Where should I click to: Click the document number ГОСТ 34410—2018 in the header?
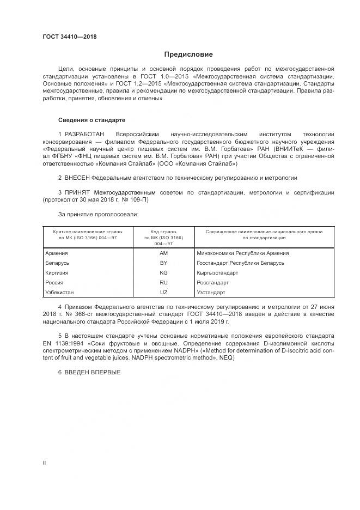click(x=69, y=38)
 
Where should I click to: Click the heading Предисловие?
click(x=188, y=54)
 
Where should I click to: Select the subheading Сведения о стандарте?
click(x=91, y=119)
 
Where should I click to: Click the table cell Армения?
click(x=57, y=253)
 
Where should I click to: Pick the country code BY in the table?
click(x=163, y=263)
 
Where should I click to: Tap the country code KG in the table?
click(x=163, y=273)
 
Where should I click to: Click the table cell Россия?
click(x=54, y=283)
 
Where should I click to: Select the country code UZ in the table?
click(x=163, y=293)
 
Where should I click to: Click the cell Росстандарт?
click(x=213, y=283)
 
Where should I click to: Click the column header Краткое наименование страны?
click(x=87, y=232)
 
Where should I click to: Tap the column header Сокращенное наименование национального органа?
click(x=264, y=232)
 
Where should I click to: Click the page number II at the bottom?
click(x=44, y=463)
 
